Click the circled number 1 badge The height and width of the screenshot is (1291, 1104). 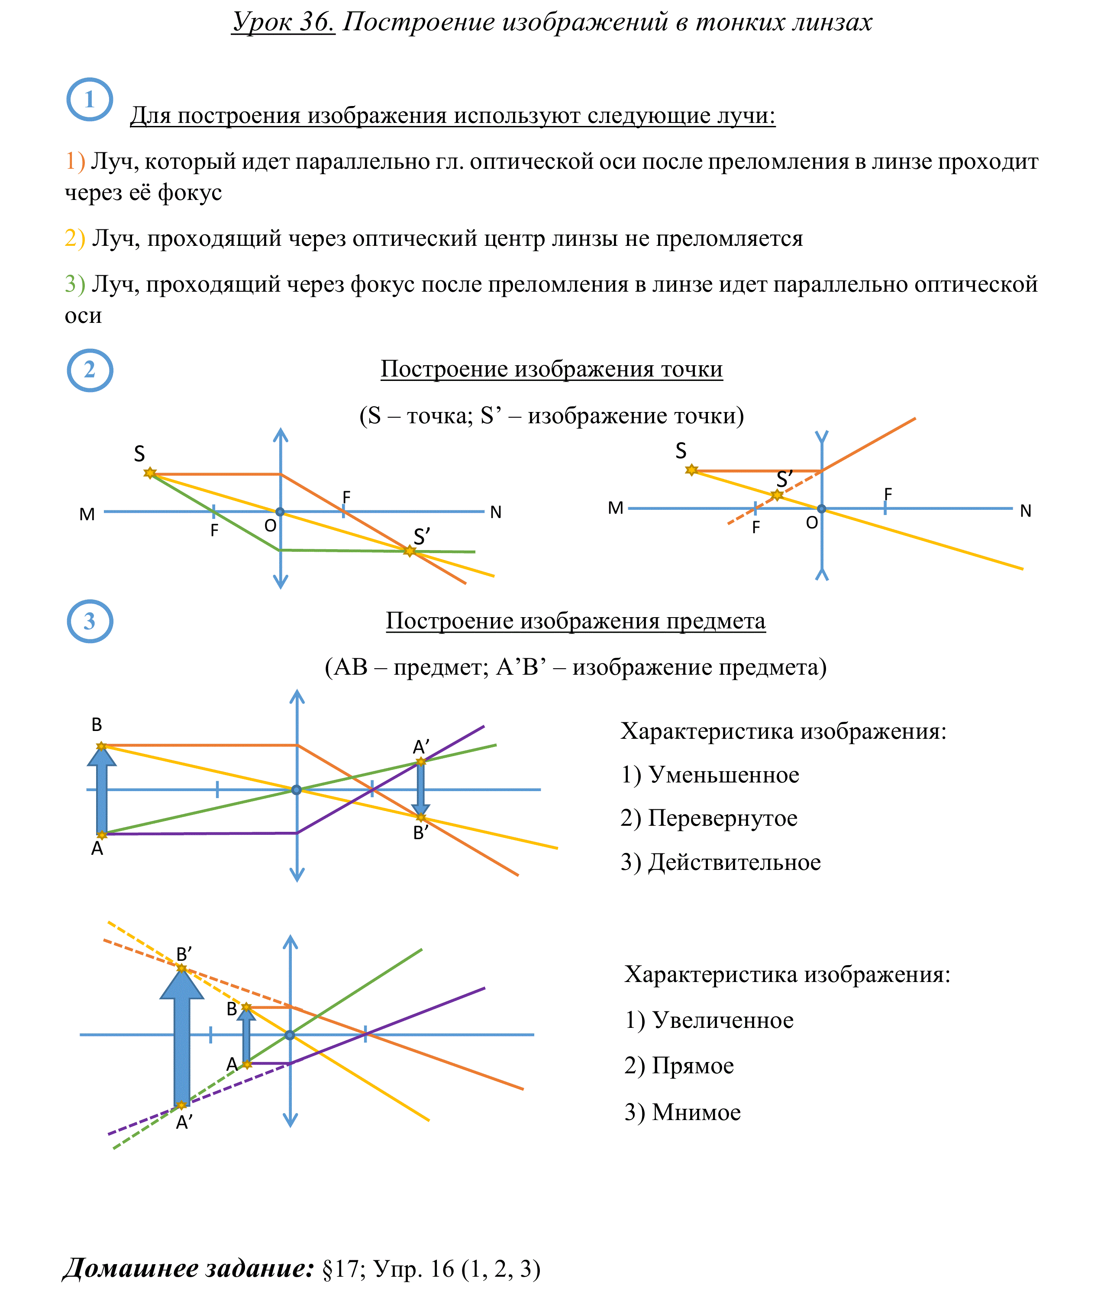90,99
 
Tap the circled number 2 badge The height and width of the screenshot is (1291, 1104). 90,370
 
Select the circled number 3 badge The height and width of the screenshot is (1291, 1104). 90,621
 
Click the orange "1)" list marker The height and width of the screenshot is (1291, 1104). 75,161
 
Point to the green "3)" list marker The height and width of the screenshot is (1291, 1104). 75,284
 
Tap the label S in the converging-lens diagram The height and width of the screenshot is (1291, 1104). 139,454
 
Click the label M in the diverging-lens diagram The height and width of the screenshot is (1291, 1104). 615,509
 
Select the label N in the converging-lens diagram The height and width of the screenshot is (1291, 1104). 496,512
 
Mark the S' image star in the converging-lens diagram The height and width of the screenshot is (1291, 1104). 410,551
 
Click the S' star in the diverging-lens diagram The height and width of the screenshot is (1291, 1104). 777,496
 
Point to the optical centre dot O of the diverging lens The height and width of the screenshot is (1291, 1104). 822,509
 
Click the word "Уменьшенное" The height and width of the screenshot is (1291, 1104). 724,775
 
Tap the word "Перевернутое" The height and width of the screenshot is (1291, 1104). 723,818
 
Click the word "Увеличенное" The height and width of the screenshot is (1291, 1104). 723,1020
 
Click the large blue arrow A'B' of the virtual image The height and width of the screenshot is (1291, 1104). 182,1037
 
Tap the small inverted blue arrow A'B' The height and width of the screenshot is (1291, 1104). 421,789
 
